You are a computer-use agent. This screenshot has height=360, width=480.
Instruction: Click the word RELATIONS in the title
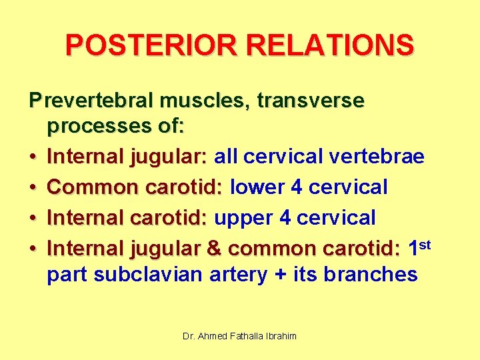pyautogui.click(x=325, y=45)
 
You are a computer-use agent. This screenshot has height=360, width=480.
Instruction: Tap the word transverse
pyautogui.click(x=311, y=101)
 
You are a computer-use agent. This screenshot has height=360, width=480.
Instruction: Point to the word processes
pyautogui.click(x=94, y=125)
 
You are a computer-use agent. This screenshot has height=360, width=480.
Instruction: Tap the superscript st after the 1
pyautogui.click(x=426, y=244)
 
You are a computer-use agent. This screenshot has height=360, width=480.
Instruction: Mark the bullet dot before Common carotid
pyautogui.click(x=33, y=188)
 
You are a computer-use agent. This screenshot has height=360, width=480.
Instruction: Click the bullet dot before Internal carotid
pyautogui.click(x=33, y=219)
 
